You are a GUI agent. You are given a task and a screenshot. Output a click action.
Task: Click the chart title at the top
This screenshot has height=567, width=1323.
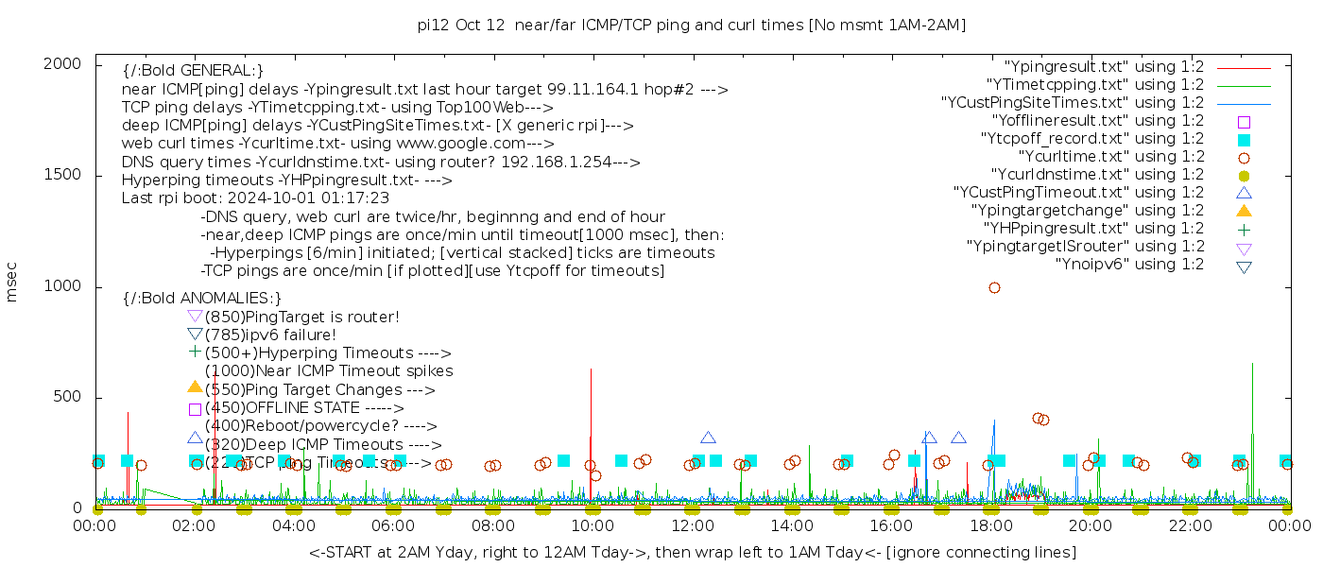click(x=692, y=25)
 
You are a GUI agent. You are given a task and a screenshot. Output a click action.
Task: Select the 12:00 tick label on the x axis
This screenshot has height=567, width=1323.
click(x=692, y=526)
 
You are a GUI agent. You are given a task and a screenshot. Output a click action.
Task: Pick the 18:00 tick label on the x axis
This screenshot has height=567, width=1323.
click(x=990, y=526)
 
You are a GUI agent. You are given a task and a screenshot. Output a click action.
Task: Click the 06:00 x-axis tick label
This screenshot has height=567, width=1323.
click(x=393, y=526)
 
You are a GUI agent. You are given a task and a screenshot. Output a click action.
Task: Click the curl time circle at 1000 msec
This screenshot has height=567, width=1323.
click(x=994, y=287)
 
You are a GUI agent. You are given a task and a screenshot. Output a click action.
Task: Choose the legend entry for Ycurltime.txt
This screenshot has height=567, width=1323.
click(x=1110, y=157)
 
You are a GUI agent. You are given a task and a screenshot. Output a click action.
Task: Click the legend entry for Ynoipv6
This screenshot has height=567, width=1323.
click(x=1129, y=265)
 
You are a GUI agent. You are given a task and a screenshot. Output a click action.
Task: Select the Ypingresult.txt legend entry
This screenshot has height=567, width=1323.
click(x=1104, y=67)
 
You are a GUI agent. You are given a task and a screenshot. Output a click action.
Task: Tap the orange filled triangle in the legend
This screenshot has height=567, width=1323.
click(x=1244, y=211)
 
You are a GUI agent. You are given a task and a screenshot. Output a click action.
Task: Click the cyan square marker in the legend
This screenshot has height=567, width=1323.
click(x=1244, y=139)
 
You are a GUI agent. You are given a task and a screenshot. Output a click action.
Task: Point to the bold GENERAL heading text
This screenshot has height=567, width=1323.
click(x=193, y=71)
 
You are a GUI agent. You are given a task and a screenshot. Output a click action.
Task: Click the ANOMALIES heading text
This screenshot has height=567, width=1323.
click(x=202, y=299)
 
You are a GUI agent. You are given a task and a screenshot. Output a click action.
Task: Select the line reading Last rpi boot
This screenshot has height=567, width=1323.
click(x=255, y=198)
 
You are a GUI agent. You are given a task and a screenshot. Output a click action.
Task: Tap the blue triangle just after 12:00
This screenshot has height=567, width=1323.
click(x=708, y=438)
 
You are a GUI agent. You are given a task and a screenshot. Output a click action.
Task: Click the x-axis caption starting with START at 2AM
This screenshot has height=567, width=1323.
click(x=692, y=552)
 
